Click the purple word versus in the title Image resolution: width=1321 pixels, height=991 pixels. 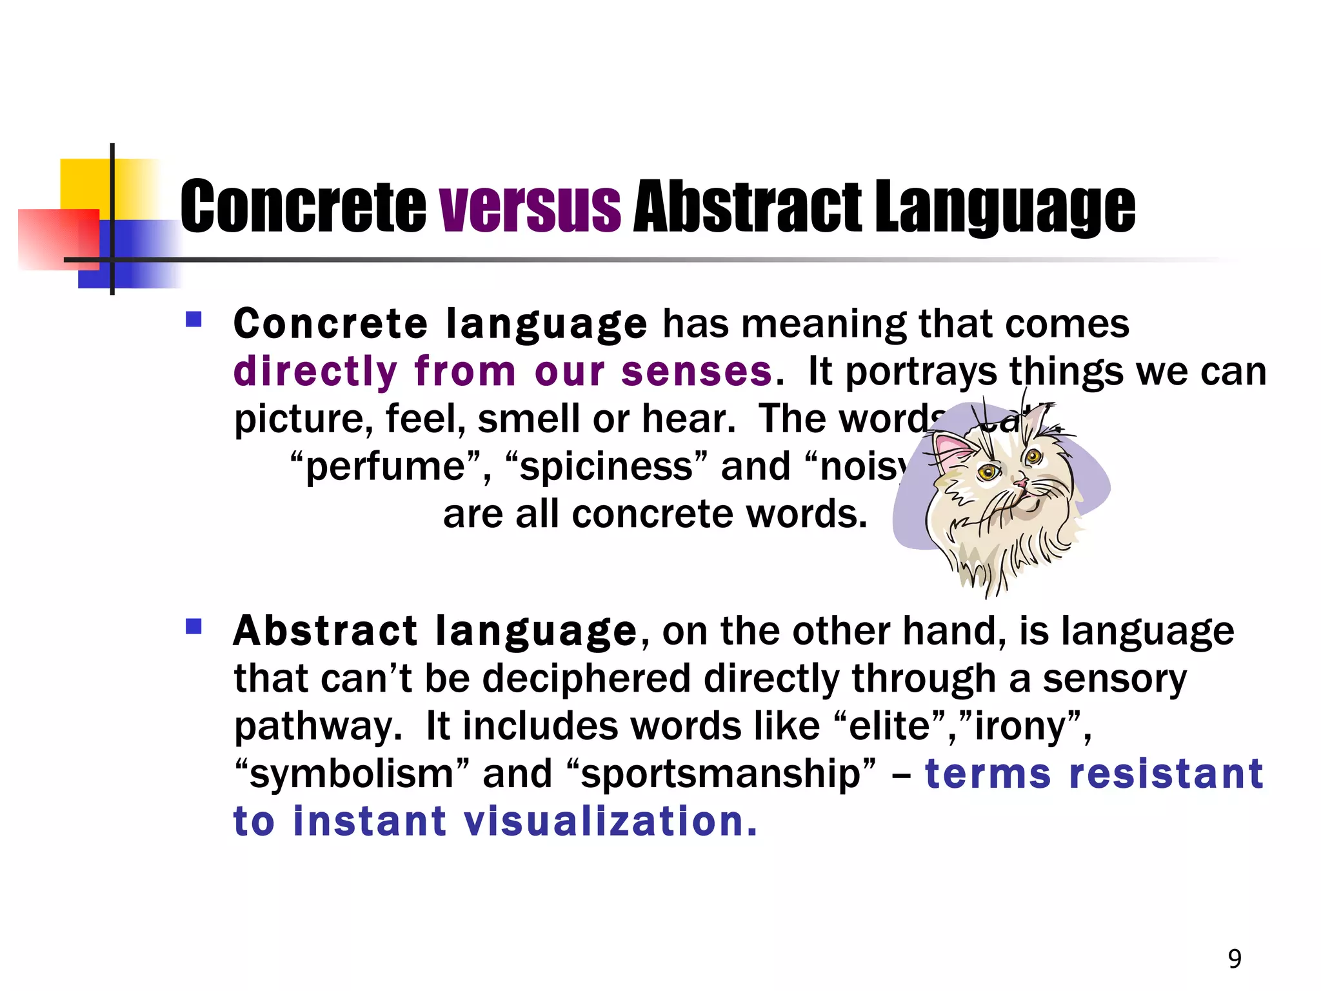530,206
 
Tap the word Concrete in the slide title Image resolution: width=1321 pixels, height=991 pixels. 303,206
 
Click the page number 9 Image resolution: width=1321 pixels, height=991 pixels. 1235,959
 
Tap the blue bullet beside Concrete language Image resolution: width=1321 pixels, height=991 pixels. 194,319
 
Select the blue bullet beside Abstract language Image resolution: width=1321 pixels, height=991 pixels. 194,626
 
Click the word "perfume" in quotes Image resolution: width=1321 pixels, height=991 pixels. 386,466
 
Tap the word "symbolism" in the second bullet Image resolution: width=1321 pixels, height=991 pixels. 351,774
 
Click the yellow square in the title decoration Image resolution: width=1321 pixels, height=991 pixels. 87,184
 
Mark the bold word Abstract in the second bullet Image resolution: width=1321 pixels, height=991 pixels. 325,631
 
